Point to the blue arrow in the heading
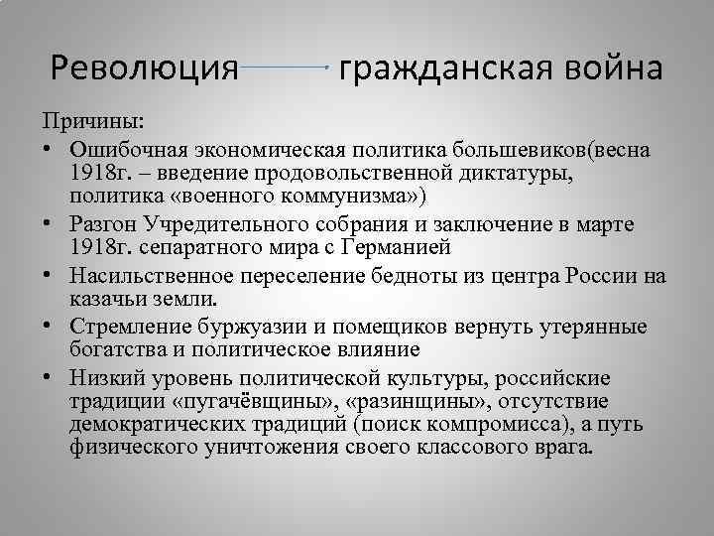[x=286, y=67]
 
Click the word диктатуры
[x=516, y=173]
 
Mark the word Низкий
[x=104, y=379]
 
